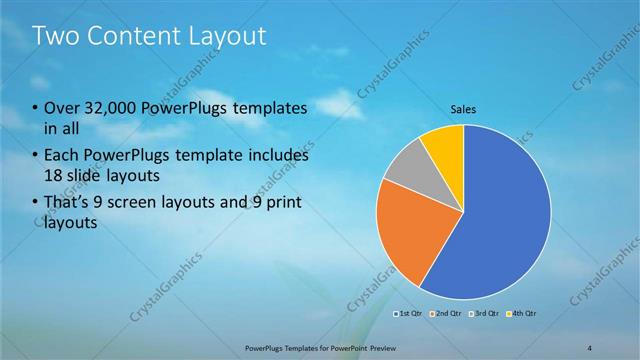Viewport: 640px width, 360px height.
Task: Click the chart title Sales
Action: pyautogui.click(x=463, y=112)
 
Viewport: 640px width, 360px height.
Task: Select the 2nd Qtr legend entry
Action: pyautogui.click(x=444, y=314)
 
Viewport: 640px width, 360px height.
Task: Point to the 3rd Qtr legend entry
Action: pyautogui.click(x=482, y=314)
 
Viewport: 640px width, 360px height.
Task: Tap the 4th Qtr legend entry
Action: pyautogui.click(x=520, y=314)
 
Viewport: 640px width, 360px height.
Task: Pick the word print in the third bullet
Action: pyautogui.click(x=284, y=204)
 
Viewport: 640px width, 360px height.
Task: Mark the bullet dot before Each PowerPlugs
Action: pyautogui.click(x=36, y=157)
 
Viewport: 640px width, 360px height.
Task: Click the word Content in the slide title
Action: pyautogui.click(x=133, y=37)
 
